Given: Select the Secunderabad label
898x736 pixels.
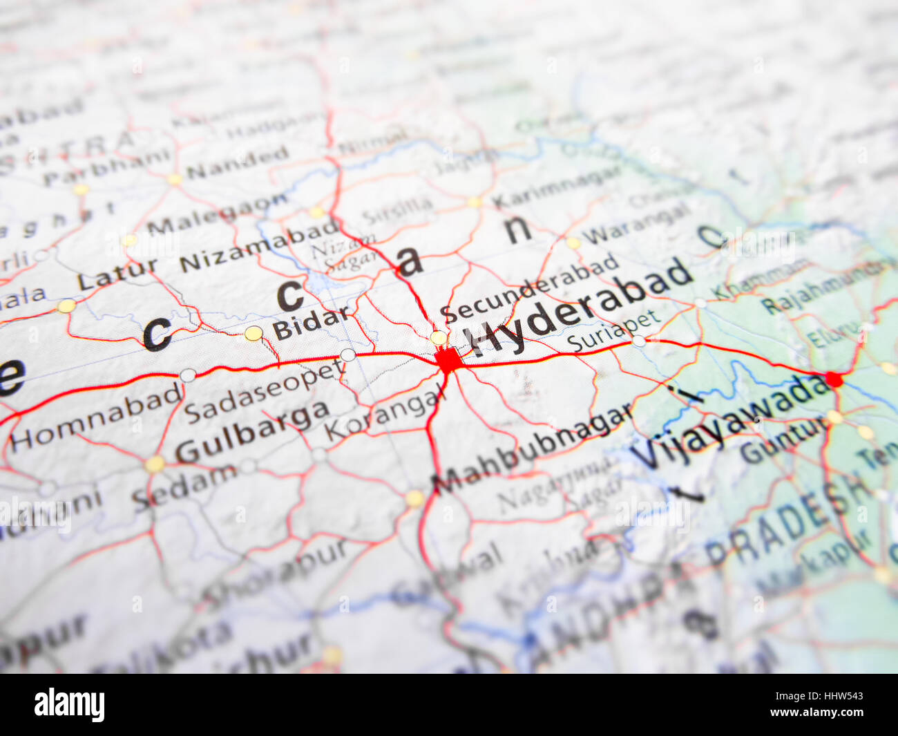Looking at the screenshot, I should coord(529,289).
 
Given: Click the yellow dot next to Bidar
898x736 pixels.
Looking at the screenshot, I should coord(254,333).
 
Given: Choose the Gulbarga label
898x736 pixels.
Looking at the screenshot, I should coord(251,431).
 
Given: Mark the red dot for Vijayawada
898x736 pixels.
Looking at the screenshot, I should coord(834,379).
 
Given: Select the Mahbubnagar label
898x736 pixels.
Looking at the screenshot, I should coord(533,449).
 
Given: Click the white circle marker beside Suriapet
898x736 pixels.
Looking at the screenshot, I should coord(638,341).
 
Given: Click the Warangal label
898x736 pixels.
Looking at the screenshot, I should coord(636,223).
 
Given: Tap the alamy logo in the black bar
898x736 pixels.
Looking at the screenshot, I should coord(69,704).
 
